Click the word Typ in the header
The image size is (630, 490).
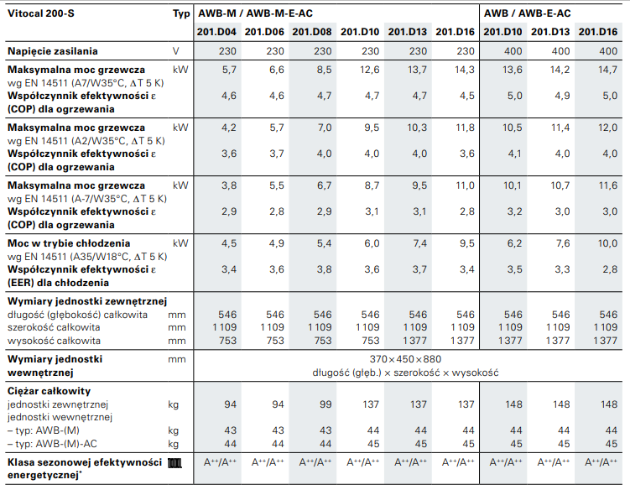(181, 13)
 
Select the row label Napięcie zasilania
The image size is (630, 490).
(53, 51)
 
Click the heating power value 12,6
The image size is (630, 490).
(370, 70)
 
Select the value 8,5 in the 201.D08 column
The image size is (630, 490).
(323, 70)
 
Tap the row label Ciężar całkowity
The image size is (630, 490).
(49, 391)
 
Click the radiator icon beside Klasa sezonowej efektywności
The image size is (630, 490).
(174, 463)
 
